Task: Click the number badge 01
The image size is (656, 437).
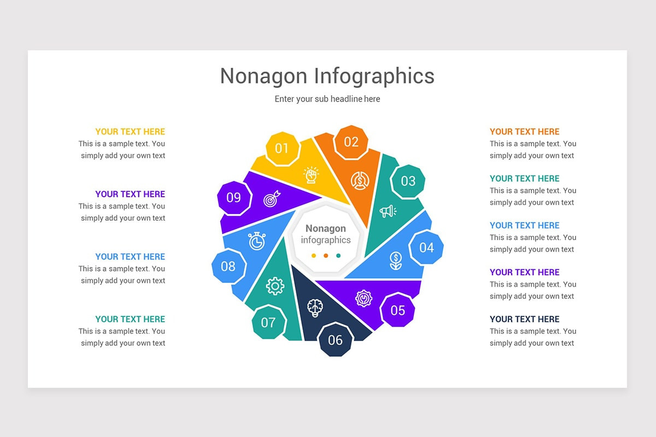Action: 282,148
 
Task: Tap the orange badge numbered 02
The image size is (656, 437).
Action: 351,142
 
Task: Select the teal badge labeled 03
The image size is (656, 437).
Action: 408,181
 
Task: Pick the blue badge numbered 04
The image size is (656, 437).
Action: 426,247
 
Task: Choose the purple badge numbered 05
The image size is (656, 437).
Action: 397,310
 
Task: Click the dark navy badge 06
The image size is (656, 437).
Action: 335,340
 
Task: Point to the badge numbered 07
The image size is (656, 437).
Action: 268,322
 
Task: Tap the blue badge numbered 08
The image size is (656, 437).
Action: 228,266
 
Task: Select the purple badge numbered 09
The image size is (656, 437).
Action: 234,197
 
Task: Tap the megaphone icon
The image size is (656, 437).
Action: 388,211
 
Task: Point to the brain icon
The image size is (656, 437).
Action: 315,308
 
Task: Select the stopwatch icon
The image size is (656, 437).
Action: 257,241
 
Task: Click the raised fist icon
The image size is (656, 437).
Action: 311,175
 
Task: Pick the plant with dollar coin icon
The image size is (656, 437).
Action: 396,261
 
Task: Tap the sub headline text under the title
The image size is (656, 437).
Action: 327,99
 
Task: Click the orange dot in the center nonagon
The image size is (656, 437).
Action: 326,255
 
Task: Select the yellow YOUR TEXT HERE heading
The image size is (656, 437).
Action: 130,132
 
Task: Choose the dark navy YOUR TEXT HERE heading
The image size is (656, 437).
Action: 524,319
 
